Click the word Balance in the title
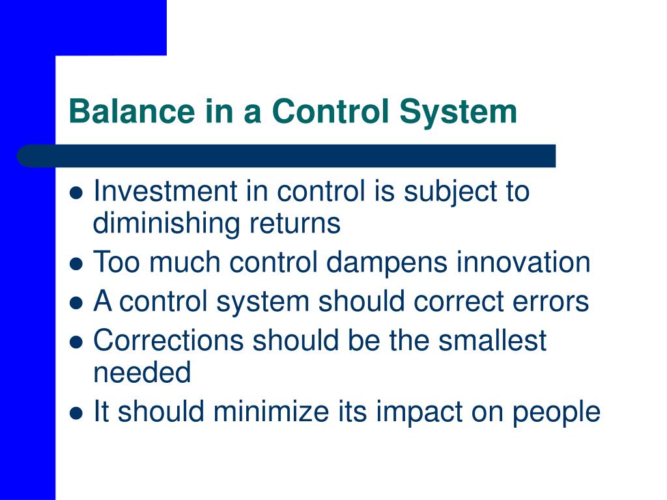[132, 111]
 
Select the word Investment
[165, 191]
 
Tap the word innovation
[523, 262]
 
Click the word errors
[550, 302]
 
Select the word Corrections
[169, 340]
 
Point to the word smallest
[492, 340]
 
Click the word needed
[141, 372]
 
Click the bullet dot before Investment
[76, 193]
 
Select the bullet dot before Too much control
[76, 264]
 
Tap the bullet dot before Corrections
[76, 342]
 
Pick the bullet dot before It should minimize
[76, 413]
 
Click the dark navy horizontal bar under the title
[287, 156]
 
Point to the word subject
[450, 193]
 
